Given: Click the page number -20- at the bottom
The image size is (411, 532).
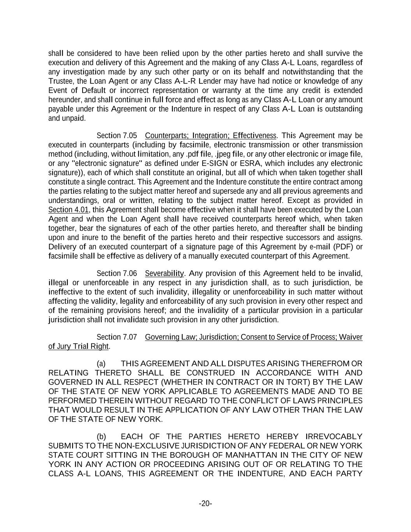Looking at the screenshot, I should pos(205,504).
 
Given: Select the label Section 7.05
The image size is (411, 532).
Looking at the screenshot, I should pos(117,136).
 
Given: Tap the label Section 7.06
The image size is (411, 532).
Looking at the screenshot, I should pos(117,274).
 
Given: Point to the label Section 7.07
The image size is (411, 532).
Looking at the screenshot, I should pos(117,337).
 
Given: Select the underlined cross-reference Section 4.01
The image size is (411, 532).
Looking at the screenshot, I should pos(69,210).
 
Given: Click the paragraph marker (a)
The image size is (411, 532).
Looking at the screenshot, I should pos(101,364).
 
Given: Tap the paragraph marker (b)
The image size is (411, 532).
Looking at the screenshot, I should pos(101,437).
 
